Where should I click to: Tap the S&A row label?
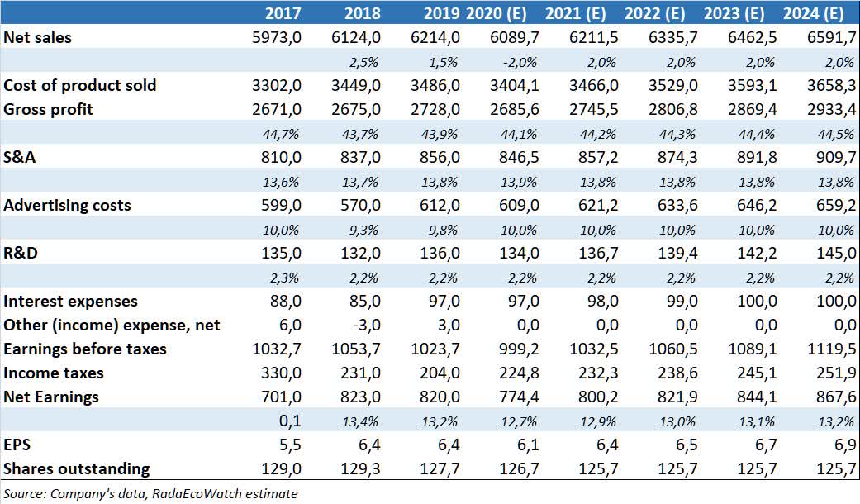click(x=20, y=158)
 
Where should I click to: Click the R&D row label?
click(x=21, y=254)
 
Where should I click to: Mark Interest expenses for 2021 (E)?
click(x=606, y=302)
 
